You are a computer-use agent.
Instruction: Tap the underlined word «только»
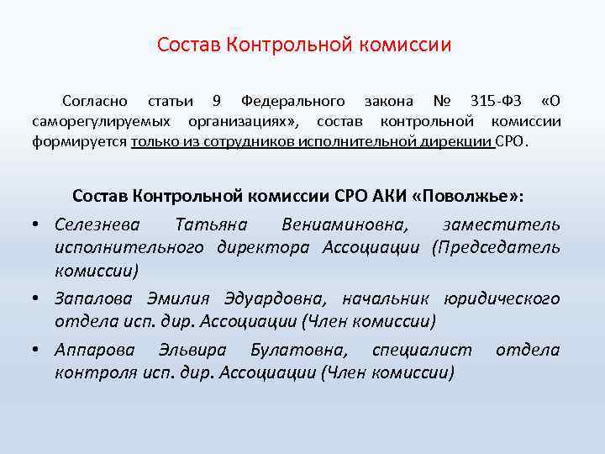tap(157, 142)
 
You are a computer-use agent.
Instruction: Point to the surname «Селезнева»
tap(99, 224)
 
